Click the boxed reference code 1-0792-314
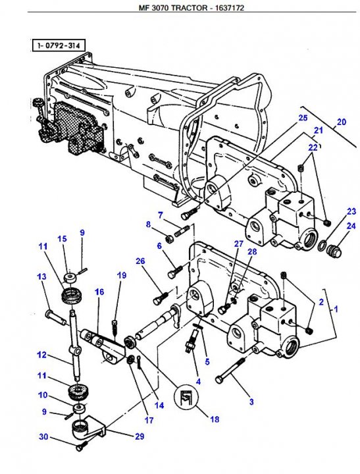(58, 46)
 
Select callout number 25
(303, 118)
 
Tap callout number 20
(342, 122)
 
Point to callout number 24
(351, 226)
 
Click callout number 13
(41, 276)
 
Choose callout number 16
(99, 292)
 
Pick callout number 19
(122, 275)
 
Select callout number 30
(43, 436)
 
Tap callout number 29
(140, 436)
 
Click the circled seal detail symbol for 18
(186, 397)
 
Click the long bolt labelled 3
(230, 369)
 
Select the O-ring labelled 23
(322, 246)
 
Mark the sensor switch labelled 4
(192, 340)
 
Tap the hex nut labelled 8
(170, 240)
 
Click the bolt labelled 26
(160, 298)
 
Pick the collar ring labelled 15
(70, 278)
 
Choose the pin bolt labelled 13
(56, 317)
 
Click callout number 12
(41, 354)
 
